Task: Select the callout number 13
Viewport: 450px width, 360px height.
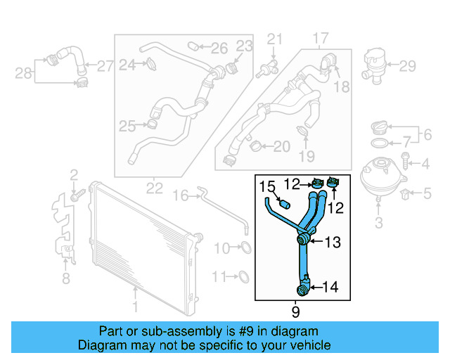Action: pyautogui.click(x=332, y=243)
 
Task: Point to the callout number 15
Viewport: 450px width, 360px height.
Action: pyautogui.click(x=267, y=187)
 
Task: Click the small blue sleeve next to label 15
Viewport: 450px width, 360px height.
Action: pyautogui.click(x=285, y=204)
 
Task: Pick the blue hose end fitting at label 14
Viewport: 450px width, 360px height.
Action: pyautogui.click(x=302, y=287)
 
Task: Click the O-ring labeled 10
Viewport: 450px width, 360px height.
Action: pyautogui.click(x=245, y=247)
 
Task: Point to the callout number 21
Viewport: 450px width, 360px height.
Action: pyautogui.click(x=275, y=38)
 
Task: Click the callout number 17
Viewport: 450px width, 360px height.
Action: pyautogui.click(x=321, y=37)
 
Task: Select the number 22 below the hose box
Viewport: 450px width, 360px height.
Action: pyautogui.click(x=154, y=188)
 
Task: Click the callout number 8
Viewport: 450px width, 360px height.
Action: pyautogui.click(x=66, y=279)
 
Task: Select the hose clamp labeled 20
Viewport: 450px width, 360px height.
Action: pyautogui.click(x=257, y=146)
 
